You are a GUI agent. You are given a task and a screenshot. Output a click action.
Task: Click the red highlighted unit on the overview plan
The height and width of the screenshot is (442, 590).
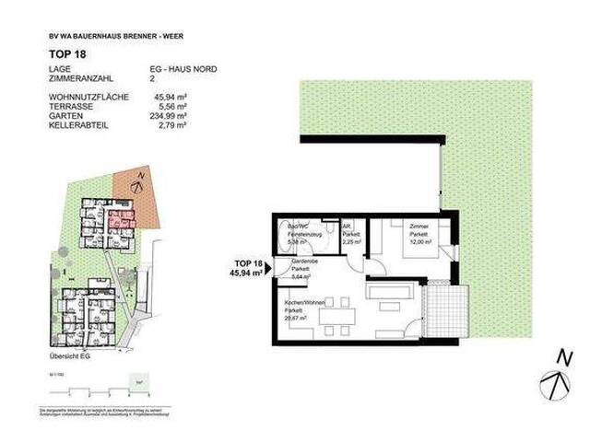[x=118, y=220]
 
